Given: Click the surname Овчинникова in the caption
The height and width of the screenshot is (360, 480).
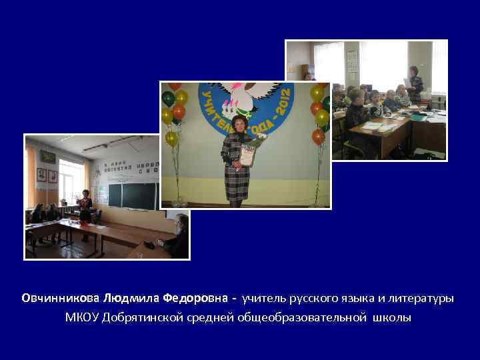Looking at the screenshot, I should (x=61, y=298).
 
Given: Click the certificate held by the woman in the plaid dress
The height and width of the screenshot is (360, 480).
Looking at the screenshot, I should (x=247, y=155).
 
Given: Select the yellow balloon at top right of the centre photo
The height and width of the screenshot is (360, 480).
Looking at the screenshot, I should (x=317, y=93).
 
